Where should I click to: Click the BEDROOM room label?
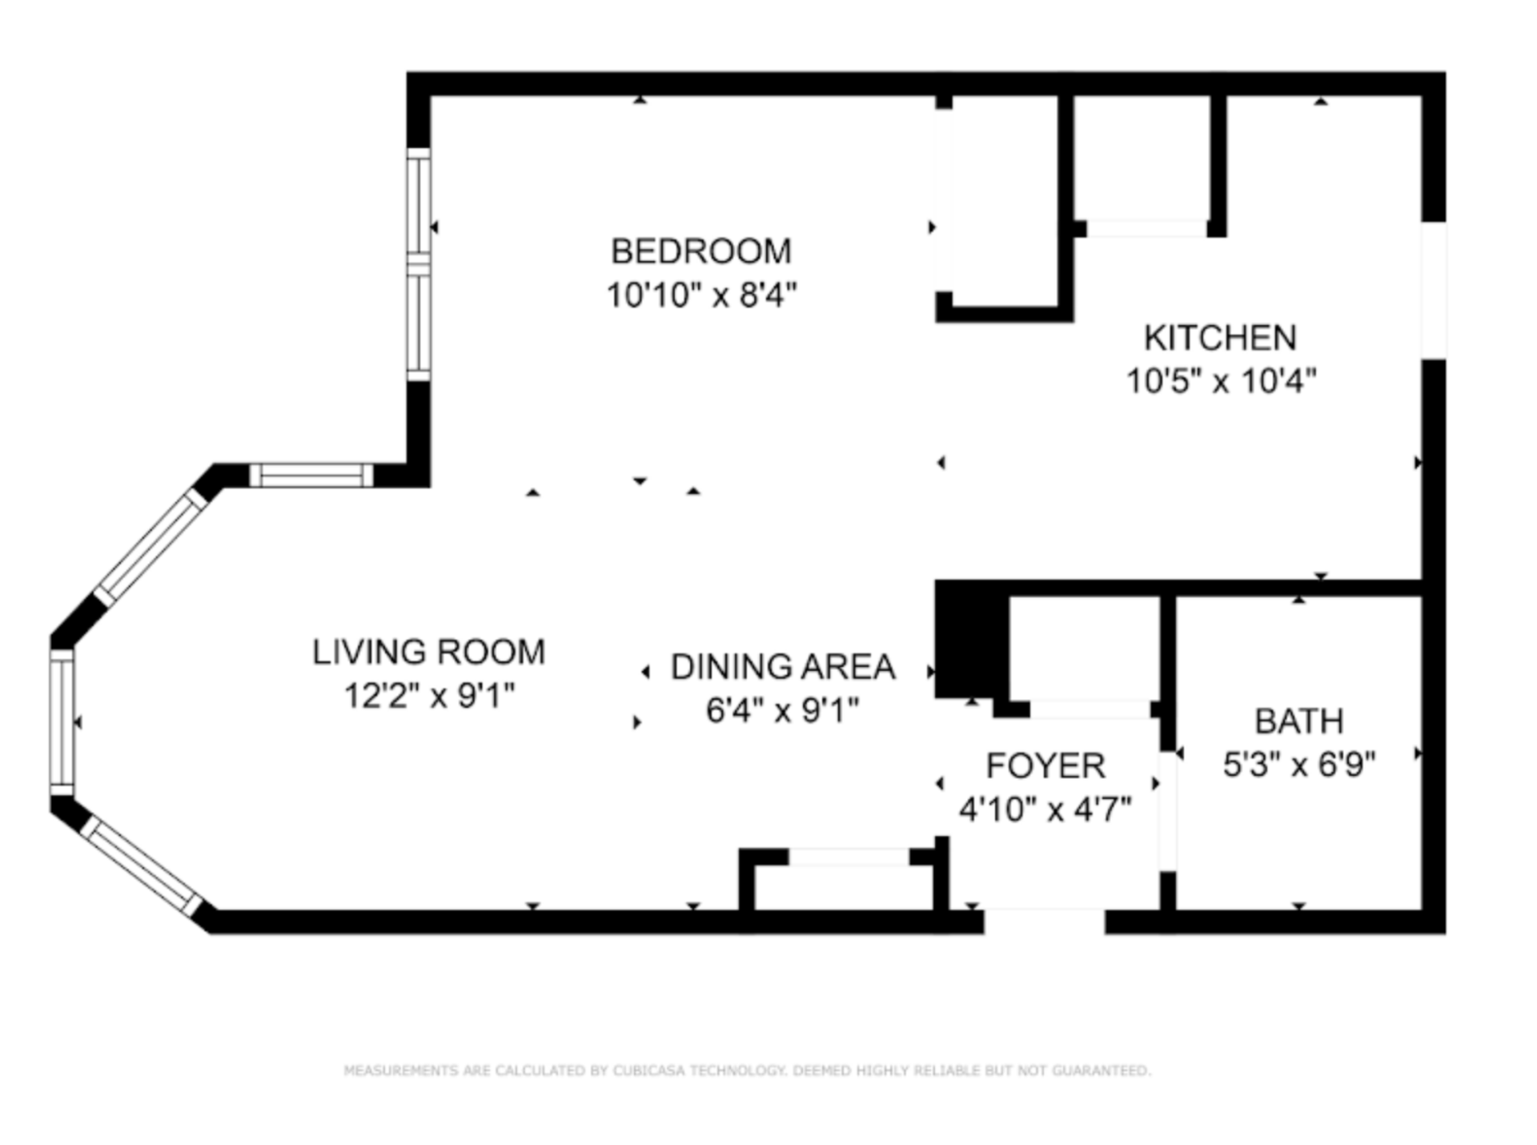(x=700, y=251)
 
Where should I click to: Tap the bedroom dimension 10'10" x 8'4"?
(x=701, y=295)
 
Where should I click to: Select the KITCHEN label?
(x=1220, y=338)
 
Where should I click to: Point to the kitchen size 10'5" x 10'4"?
(x=1221, y=381)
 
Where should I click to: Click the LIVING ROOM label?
(x=428, y=652)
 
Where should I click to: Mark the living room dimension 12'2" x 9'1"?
(x=428, y=696)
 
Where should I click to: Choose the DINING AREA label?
(x=782, y=667)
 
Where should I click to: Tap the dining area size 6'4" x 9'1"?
(x=782, y=710)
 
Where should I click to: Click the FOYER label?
(x=1045, y=766)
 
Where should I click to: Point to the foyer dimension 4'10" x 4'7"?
(x=1045, y=810)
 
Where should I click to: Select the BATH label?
(x=1298, y=721)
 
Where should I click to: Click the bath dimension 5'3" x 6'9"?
(x=1298, y=765)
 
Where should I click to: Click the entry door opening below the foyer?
(x=1044, y=921)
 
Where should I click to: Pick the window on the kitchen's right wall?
(x=1433, y=290)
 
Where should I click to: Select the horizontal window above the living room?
(x=311, y=476)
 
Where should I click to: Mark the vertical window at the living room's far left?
(x=62, y=722)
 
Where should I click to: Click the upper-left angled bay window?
(x=151, y=546)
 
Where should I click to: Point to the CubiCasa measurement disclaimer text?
(x=747, y=1071)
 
